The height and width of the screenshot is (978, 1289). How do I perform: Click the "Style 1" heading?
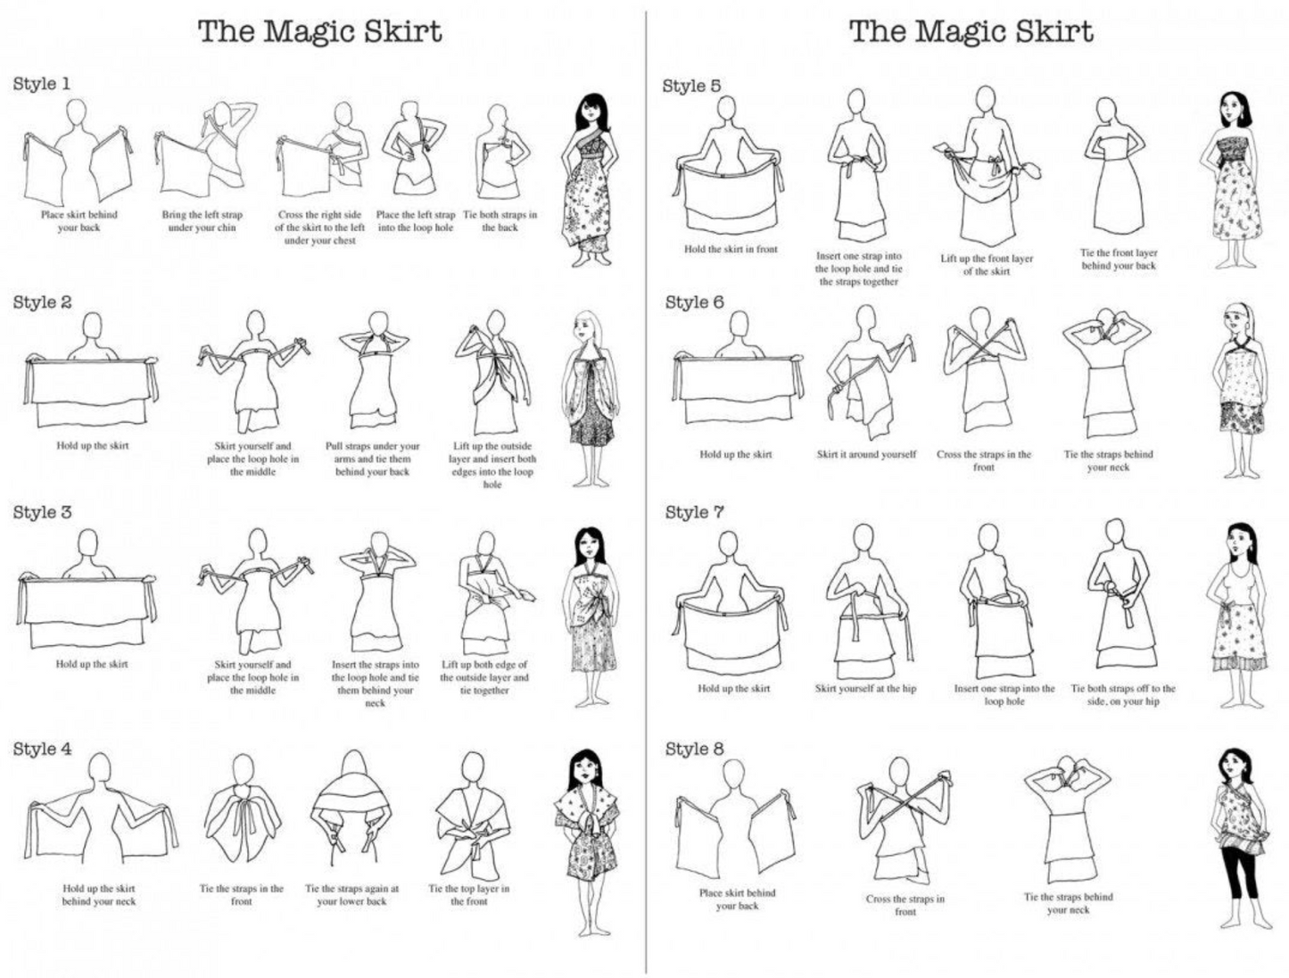41,84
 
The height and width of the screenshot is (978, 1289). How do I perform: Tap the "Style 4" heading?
42,750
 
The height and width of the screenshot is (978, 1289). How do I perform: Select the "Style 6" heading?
694,303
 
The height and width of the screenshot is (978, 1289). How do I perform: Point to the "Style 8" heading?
695,750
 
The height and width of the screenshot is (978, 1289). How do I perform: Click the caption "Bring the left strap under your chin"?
202,221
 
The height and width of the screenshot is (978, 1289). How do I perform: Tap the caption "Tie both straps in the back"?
500,221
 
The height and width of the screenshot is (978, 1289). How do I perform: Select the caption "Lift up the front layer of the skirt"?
987,265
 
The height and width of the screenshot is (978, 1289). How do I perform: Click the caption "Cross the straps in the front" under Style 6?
983,460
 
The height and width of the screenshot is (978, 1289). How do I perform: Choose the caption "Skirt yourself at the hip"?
865,689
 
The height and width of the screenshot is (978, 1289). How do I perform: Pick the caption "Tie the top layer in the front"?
468,895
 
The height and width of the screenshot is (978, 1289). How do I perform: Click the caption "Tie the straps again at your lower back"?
351,895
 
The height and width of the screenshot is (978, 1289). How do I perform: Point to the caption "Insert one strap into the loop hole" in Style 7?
1004,695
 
